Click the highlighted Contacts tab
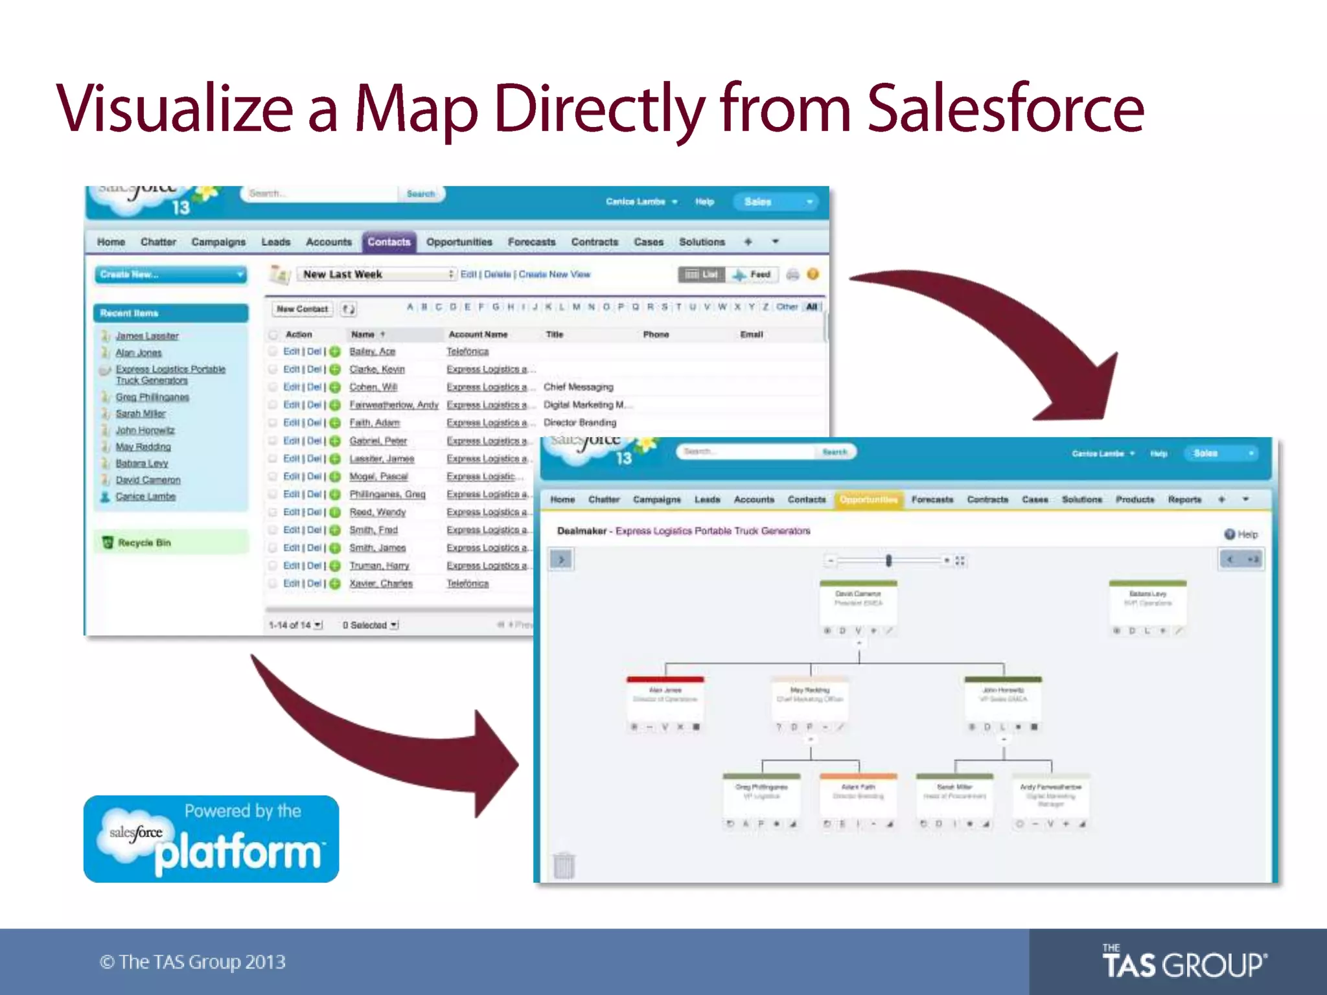coord(389,242)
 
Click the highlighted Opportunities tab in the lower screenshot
coord(868,499)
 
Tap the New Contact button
coord(302,309)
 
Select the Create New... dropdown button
coord(171,275)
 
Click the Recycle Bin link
coord(144,543)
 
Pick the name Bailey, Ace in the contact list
coord(372,351)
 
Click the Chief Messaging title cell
coord(578,387)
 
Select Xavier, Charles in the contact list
coord(381,584)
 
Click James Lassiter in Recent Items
coord(147,336)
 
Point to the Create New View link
coord(554,275)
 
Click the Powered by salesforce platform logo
coord(211,839)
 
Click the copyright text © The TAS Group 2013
coord(192,962)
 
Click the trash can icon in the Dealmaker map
coord(564,865)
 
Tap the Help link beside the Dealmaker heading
coord(1241,534)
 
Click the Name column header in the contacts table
coord(363,334)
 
